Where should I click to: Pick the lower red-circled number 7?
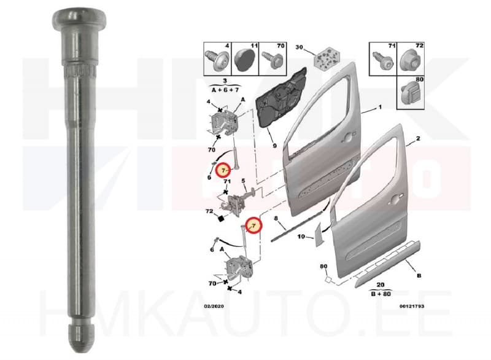pyautogui.click(x=253, y=225)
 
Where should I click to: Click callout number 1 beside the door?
pyautogui.click(x=380, y=108)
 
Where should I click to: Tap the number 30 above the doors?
pyautogui.click(x=299, y=47)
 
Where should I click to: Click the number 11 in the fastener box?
pyautogui.click(x=254, y=46)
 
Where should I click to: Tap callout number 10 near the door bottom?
pyautogui.click(x=301, y=237)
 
